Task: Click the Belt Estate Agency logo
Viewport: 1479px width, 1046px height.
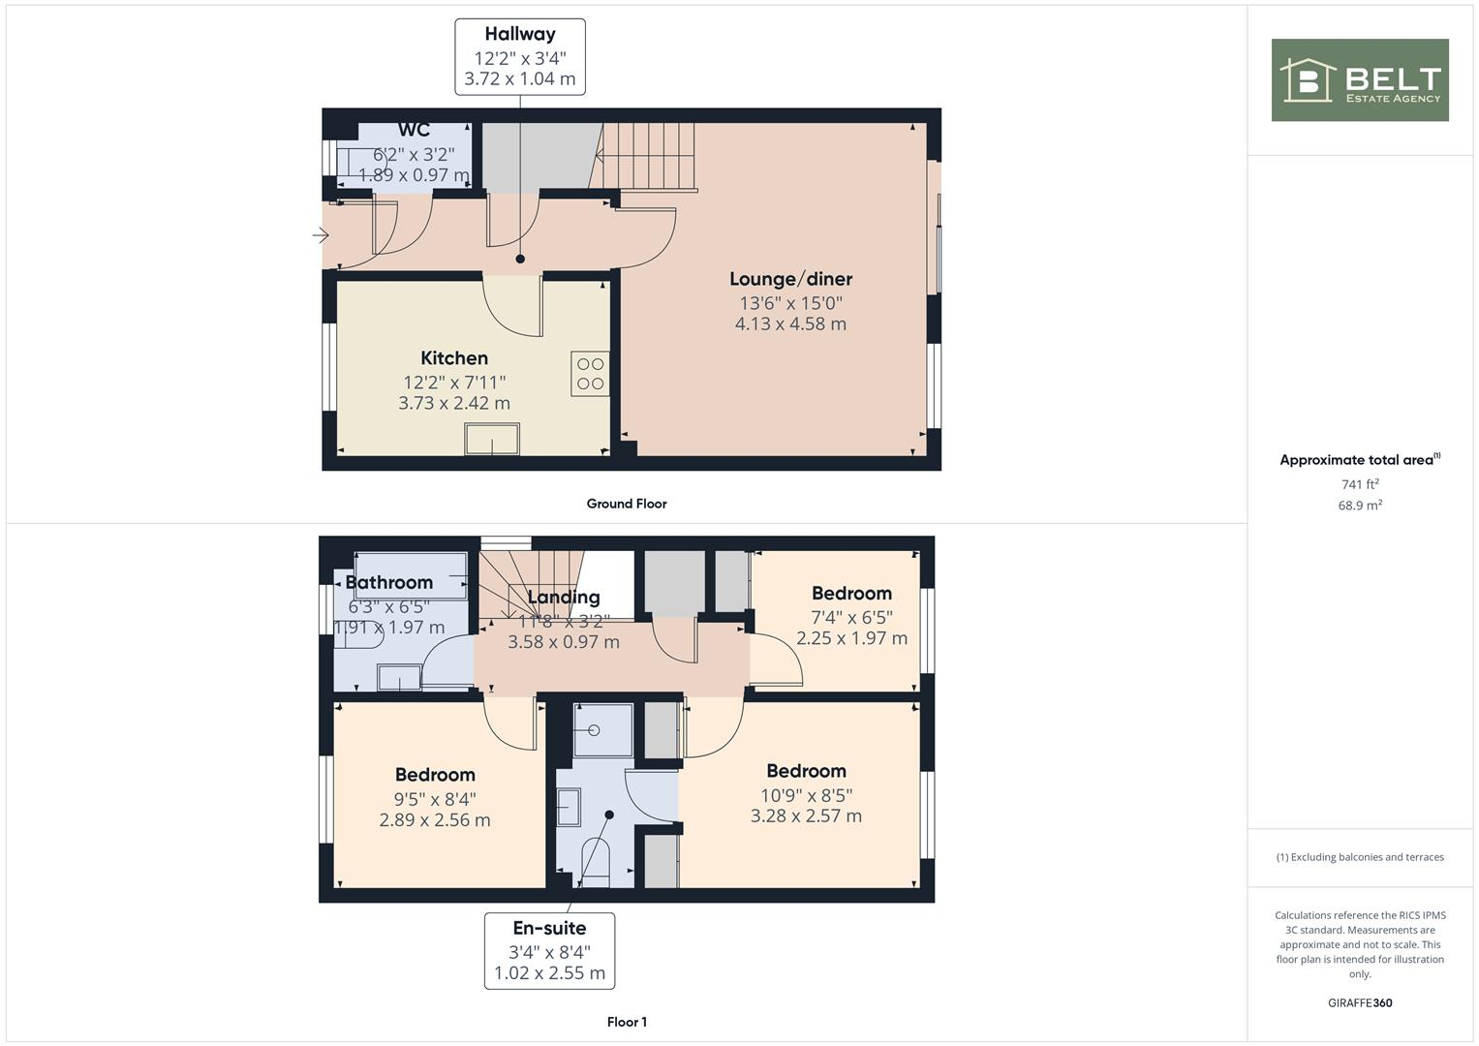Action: tap(1359, 80)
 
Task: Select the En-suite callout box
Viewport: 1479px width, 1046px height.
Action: tap(549, 950)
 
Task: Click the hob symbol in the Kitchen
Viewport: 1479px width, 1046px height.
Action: tap(590, 374)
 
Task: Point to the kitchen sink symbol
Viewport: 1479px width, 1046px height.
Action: tap(492, 439)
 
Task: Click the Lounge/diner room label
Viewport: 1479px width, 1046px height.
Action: tap(790, 280)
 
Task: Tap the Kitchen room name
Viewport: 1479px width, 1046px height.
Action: tap(454, 358)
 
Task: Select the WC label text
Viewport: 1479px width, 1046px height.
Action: tap(414, 131)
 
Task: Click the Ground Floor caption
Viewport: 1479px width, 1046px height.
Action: tap(627, 504)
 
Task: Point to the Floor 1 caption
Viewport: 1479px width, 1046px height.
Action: tap(627, 1022)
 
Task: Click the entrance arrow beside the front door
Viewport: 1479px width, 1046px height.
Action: tap(321, 234)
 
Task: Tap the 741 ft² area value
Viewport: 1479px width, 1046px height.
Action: tap(1360, 484)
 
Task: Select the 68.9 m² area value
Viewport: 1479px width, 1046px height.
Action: tap(1360, 506)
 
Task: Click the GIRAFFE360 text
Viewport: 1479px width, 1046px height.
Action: tap(1360, 1003)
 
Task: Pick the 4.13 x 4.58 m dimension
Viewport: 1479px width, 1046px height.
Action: tap(790, 324)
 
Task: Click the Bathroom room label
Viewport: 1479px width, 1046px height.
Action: tap(389, 582)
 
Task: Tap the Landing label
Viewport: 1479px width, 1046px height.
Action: tap(564, 598)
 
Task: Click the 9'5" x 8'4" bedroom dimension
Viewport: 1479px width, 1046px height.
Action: tap(435, 799)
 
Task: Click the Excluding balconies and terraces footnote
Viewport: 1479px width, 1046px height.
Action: tap(1360, 857)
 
